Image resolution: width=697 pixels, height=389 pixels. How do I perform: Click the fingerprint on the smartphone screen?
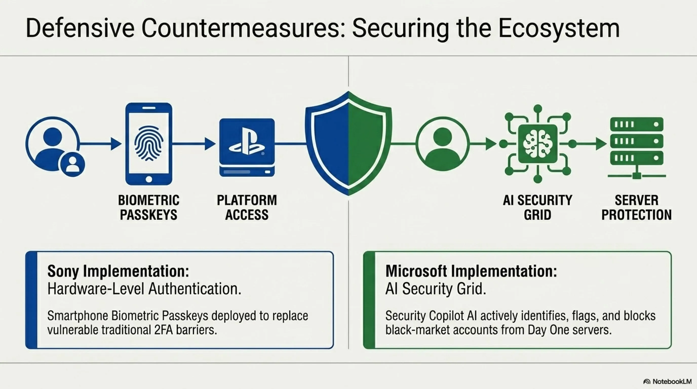tap(149, 143)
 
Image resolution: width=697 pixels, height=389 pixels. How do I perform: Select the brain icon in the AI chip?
tap(538, 143)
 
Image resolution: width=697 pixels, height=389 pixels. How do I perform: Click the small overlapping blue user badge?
tap(72, 164)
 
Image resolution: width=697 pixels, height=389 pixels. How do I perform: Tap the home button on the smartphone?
tap(149, 179)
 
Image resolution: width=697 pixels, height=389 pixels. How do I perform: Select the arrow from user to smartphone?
tap(100, 143)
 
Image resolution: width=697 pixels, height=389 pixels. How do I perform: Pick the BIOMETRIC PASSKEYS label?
tap(149, 207)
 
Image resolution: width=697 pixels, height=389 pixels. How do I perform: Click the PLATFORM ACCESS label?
tap(247, 207)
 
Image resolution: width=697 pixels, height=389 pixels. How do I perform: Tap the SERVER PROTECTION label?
tap(636, 207)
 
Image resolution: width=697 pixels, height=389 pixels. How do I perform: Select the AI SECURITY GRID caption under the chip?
tap(537, 207)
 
